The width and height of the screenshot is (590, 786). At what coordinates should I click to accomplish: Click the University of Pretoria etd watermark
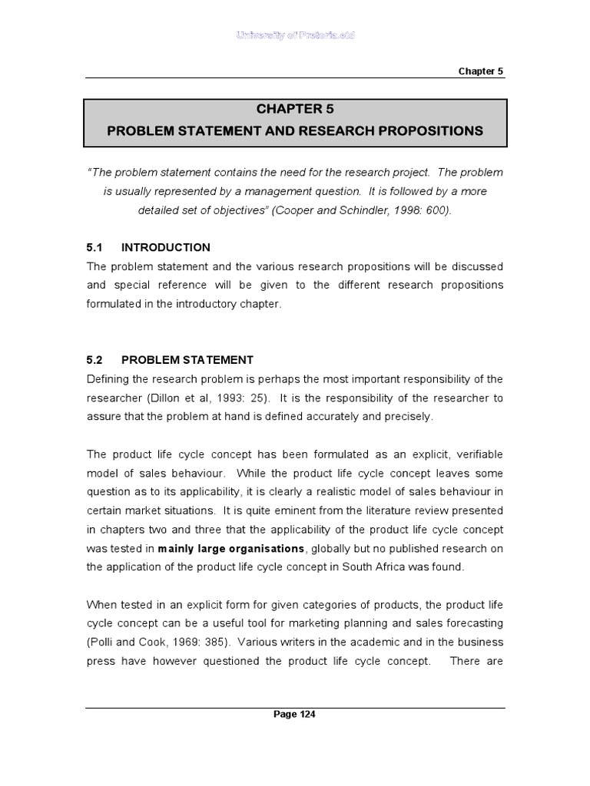[295, 36]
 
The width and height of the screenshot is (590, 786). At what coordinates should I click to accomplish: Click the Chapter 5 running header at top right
[481, 71]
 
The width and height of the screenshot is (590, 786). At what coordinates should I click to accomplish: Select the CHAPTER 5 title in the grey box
[295, 109]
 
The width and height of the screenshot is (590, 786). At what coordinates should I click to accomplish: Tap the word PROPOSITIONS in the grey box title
[430, 131]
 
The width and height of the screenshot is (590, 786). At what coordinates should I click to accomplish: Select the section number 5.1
[94, 247]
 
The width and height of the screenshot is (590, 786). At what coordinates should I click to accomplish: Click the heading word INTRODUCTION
[166, 247]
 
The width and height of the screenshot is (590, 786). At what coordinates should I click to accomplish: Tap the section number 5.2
[94, 360]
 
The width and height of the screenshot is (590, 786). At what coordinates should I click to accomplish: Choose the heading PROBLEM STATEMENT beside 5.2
[187, 360]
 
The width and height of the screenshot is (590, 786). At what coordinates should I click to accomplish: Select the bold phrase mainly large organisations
[231, 548]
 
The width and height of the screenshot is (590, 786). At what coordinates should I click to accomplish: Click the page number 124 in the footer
[295, 715]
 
